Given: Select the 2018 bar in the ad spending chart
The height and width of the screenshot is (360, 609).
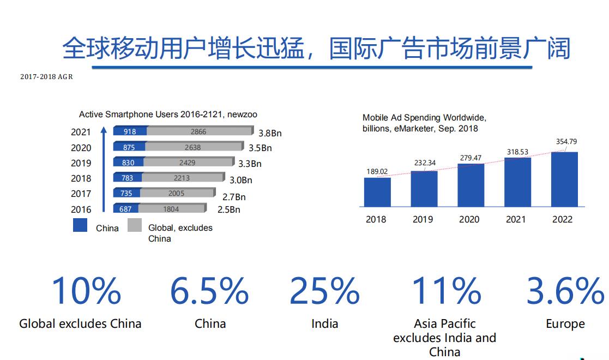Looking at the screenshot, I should point(377,192).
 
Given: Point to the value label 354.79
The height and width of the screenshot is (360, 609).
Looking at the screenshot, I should point(566,142).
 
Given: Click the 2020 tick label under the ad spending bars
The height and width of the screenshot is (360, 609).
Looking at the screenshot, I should point(469,219).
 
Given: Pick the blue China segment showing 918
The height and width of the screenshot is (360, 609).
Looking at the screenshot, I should point(130,131).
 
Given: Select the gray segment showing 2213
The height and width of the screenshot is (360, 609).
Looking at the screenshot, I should point(183,177).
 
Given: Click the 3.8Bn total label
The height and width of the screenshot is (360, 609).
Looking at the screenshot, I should point(270,133).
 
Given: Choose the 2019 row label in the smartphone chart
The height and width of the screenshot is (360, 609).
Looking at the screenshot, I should point(81,163).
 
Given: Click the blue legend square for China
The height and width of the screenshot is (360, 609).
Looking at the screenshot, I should point(80,225).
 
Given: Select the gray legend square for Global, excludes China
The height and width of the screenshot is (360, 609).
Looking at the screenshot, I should point(135,225).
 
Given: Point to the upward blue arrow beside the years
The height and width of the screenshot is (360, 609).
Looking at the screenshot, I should point(103,169).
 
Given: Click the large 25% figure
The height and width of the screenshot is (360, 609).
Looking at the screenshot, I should point(324,291).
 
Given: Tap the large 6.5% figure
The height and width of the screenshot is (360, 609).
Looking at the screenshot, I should point(210,291).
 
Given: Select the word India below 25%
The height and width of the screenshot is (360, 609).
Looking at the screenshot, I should point(324,324).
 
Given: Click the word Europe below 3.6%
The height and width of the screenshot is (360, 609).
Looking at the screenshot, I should point(565,324).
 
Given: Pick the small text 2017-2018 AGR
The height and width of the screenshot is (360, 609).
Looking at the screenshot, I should point(46,77).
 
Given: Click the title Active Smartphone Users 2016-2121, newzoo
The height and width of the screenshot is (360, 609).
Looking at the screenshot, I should point(168,115).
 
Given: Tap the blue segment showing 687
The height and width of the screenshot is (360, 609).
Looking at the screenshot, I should point(126,209).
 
